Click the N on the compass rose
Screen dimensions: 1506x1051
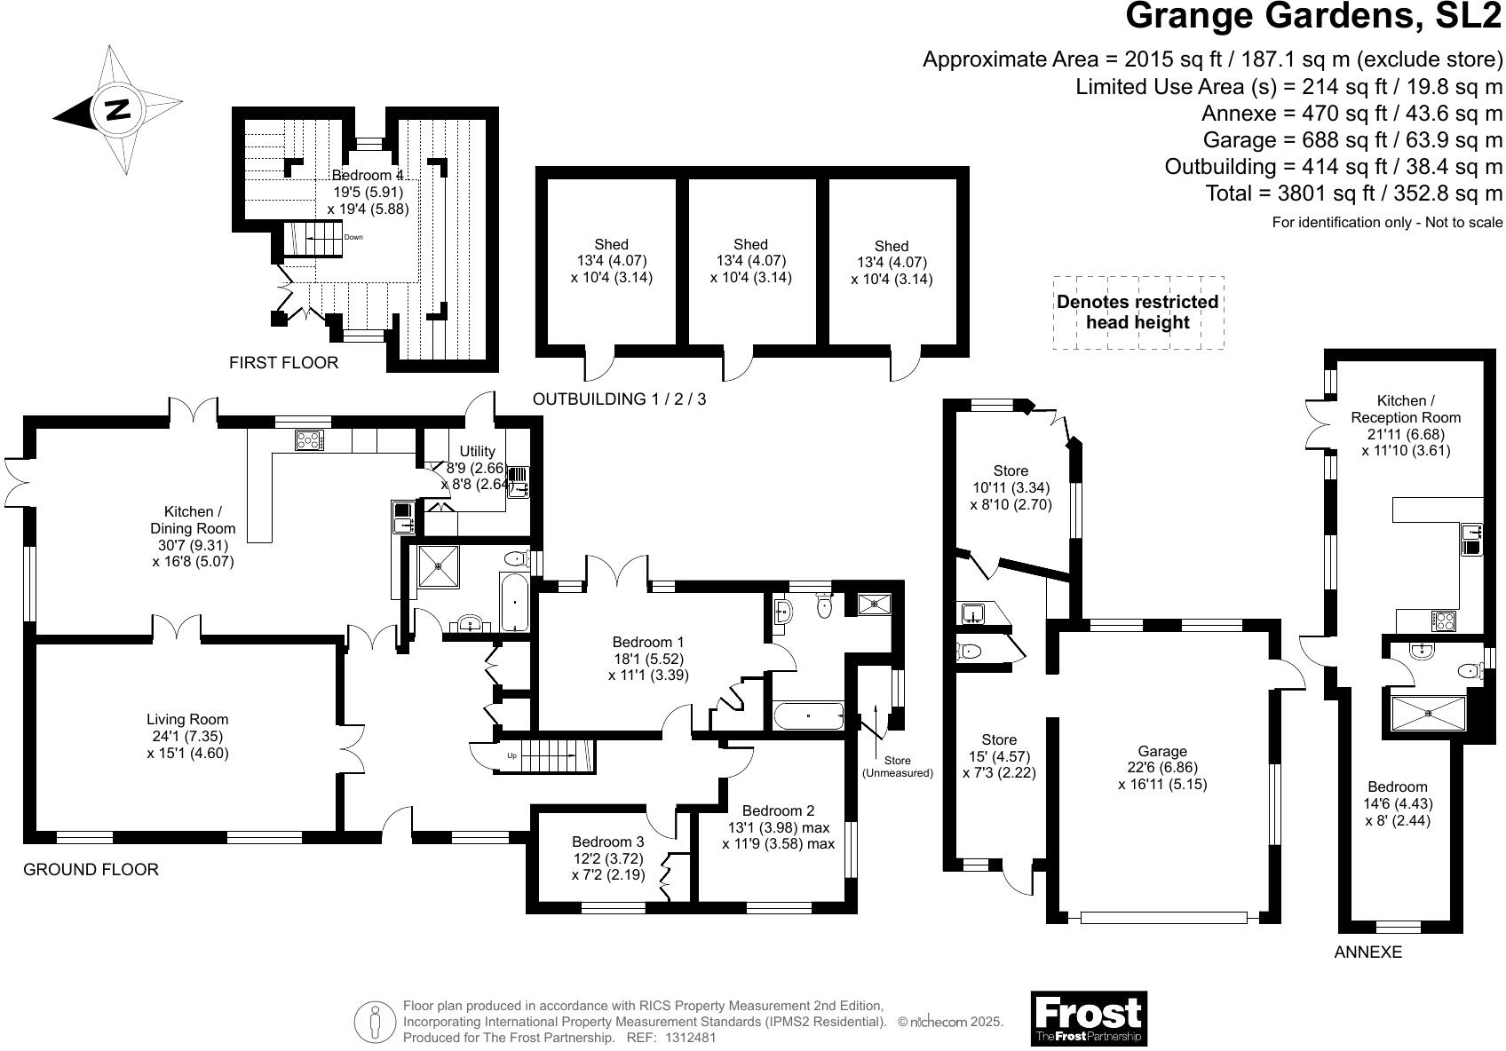(x=118, y=109)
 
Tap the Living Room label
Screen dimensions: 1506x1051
(x=187, y=720)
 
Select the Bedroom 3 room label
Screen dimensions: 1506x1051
(x=607, y=842)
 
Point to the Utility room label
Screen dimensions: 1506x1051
(x=478, y=452)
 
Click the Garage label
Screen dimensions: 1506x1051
(x=1162, y=751)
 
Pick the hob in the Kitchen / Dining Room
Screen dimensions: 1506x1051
(x=309, y=440)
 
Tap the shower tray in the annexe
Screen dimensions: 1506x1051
(x=1428, y=714)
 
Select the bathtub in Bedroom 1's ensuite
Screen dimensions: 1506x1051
(x=809, y=716)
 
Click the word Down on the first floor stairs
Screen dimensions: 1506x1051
(x=353, y=237)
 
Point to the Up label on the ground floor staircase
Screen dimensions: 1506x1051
(x=511, y=756)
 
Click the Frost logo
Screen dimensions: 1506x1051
(x=1089, y=1019)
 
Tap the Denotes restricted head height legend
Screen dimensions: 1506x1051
(x=1137, y=312)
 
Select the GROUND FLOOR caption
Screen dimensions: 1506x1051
(x=91, y=870)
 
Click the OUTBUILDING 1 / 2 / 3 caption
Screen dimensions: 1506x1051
(x=619, y=399)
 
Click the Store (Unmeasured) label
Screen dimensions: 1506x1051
(x=898, y=767)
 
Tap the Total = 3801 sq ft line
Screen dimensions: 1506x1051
(x=1353, y=194)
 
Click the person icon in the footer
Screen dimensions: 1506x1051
(x=375, y=1022)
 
